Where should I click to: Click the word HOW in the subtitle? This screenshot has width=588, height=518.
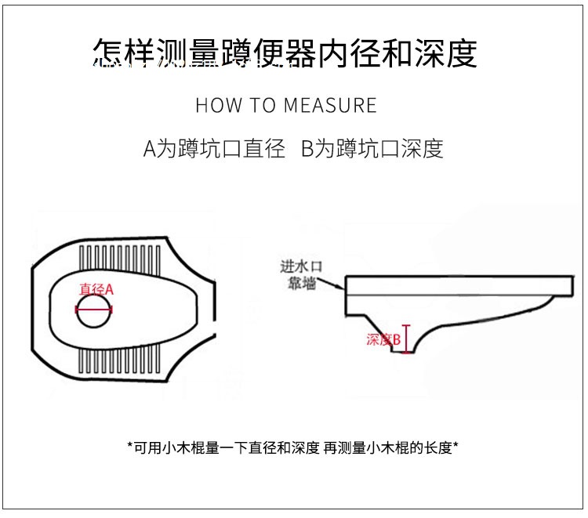(x=213, y=105)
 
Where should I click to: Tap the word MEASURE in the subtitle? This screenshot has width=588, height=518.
(x=331, y=105)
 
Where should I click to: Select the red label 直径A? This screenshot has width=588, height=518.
(x=96, y=290)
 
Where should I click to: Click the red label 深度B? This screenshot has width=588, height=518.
(x=384, y=339)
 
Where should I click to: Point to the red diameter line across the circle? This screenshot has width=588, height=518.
(x=94, y=309)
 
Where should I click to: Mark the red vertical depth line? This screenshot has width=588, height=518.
(x=406, y=339)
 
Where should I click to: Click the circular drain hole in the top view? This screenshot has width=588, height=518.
(x=94, y=311)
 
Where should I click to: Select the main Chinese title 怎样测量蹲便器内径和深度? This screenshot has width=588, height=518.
(x=285, y=53)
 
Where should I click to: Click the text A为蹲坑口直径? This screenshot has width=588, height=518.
(x=214, y=149)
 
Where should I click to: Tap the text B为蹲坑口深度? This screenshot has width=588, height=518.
(x=372, y=149)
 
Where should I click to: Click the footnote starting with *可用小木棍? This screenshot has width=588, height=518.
(x=292, y=447)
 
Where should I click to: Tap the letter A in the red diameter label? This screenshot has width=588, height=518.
(x=110, y=290)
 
